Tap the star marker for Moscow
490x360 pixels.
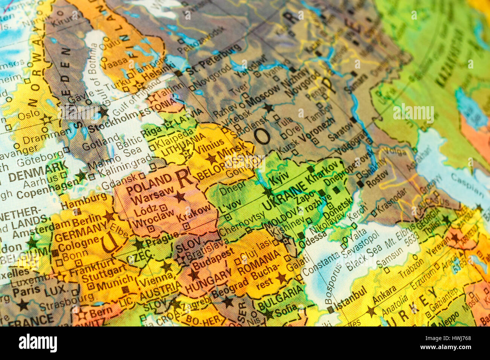[x=268, y=108]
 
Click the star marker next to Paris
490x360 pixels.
[x=23, y=305]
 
